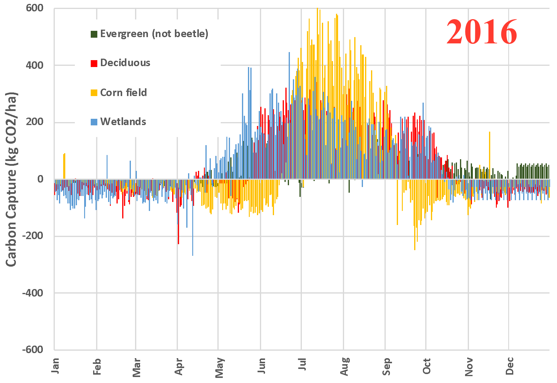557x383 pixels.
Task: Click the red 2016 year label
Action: (x=482, y=32)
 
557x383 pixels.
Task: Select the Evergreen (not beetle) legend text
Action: (x=154, y=34)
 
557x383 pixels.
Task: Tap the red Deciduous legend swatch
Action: (x=94, y=63)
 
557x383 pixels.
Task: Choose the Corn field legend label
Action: (x=123, y=93)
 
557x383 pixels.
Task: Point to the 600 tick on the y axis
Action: (x=34, y=8)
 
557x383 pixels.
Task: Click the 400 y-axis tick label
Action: (x=34, y=65)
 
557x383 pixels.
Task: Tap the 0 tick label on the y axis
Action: (x=40, y=179)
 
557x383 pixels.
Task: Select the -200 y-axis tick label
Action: (x=33, y=236)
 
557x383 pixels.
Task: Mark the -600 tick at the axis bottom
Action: (x=33, y=349)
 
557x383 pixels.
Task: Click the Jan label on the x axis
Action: (x=56, y=365)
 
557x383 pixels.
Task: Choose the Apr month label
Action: (x=179, y=366)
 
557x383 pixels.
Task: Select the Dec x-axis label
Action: (x=509, y=366)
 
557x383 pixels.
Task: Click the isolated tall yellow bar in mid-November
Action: (x=490, y=156)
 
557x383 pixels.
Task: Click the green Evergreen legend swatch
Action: (x=94, y=34)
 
